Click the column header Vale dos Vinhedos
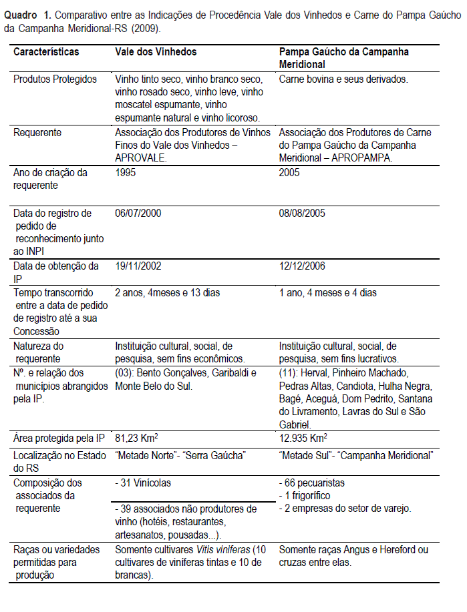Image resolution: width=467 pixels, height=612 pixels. (156, 52)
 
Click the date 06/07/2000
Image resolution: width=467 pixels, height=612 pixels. (138, 214)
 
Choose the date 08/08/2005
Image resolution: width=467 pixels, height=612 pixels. (303, 214)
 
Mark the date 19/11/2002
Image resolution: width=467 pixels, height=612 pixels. (138, 266)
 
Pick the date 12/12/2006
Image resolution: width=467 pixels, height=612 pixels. (303, 266)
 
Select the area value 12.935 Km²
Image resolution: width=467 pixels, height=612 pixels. (303, 438)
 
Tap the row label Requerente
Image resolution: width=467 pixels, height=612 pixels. (37, 132)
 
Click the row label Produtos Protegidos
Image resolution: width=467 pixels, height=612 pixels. (55, 79)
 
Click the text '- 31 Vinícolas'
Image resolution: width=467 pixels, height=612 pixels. (144, 483)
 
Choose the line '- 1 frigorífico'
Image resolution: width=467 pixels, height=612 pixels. (305, 496)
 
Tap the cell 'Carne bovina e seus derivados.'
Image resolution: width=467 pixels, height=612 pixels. (343, 79)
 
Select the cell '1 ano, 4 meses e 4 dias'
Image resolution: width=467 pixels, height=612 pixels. (327, 292)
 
